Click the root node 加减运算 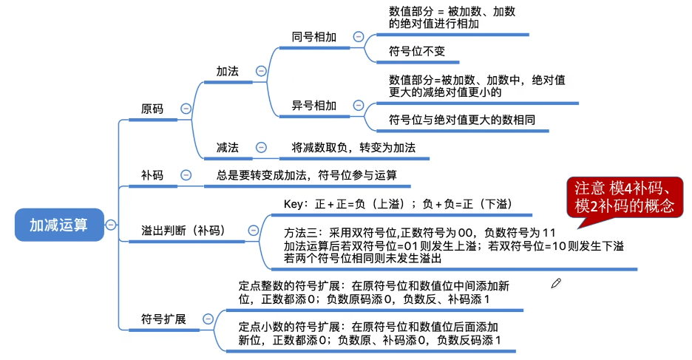coord(58,224)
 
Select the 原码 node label coord(152,109)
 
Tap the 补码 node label coord(152,175)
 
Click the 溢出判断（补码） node coord(183,230)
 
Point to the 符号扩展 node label coord(163,319)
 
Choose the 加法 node coord(227,71)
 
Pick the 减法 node coord(227,148)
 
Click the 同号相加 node coord(314,36)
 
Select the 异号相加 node coord(314,106)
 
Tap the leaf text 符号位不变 coord(417,52)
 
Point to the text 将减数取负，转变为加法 coord(353,148)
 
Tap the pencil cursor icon coord(556,282)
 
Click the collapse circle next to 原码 coord(186,109)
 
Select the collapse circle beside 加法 coord(261,71)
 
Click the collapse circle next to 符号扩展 coord(208,319)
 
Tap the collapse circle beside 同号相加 coord(359,36)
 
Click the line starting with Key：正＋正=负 coord(398,204)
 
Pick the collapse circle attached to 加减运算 coord(110,224)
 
